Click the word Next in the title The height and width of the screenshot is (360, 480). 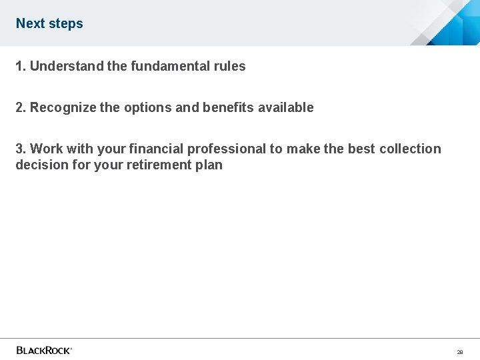point(29,23)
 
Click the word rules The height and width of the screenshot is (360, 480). point(229,66)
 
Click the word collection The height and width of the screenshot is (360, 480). point(410,149)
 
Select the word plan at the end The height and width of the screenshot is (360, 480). point(209,165)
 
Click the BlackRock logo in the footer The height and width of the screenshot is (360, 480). point(44,350)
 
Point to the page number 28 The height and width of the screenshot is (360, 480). point(459,351)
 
